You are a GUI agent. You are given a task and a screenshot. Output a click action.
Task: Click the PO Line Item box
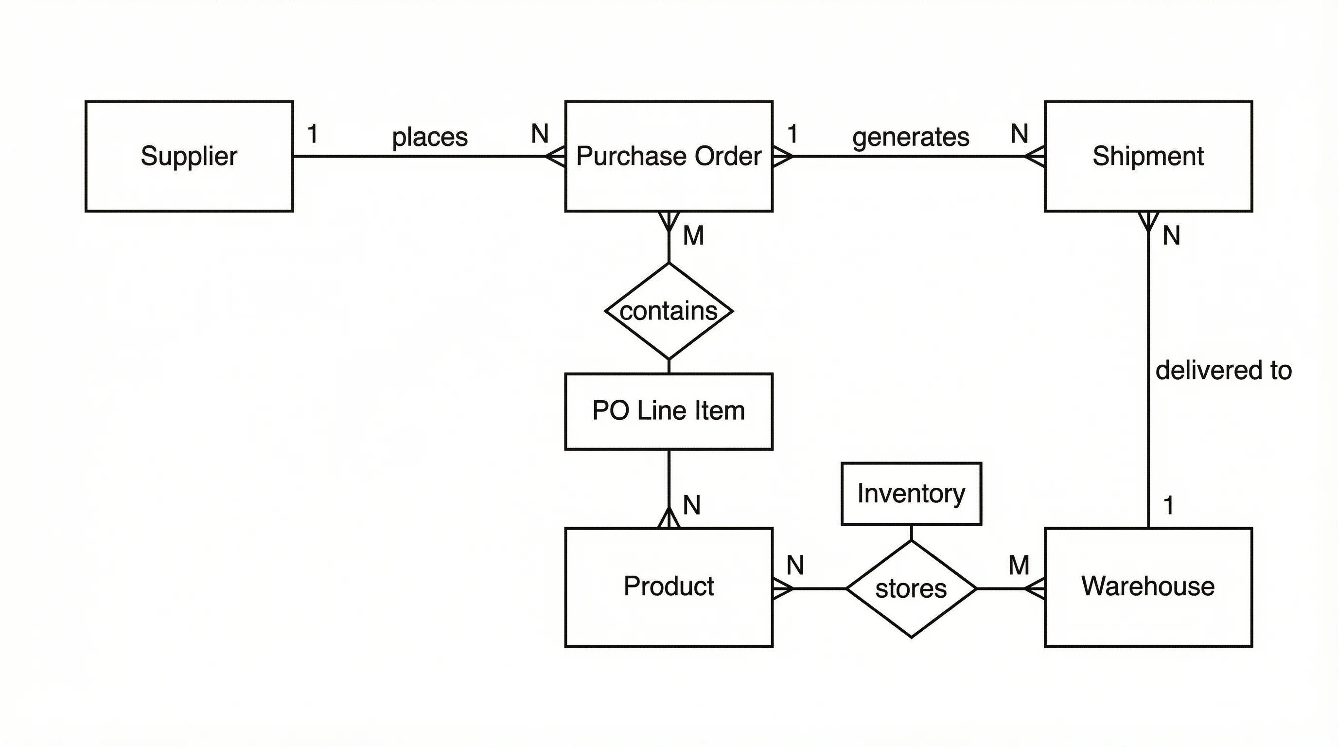click(x=669, y=411)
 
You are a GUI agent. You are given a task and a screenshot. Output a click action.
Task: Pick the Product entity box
click(x=669, y=587)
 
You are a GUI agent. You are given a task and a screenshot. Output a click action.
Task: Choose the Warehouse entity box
click(x=1148, y=587)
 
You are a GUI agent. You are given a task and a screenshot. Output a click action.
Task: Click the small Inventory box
click(x=911, y=494)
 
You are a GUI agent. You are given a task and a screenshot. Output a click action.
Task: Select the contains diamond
click(x=669, y=311)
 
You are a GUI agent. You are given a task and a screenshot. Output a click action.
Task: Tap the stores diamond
click(x=911, y=588)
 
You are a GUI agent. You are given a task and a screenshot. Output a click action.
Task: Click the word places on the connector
click(x=430, y=137)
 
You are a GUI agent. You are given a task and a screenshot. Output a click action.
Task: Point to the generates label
click(x=911, y=137)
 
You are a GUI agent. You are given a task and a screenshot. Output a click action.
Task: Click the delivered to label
click(x=1223, y=371)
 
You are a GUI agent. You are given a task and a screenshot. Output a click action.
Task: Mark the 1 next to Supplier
click(x=312, y=134)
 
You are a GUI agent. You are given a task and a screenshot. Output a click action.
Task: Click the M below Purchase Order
click(x=693, y=236)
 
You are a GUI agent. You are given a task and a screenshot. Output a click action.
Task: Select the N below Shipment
click(x=1171, y=236)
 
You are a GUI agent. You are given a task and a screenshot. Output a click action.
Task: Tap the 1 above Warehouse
click(x=1169, y=505)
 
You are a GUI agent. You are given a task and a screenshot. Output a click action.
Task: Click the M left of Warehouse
click(x=1019, y=565)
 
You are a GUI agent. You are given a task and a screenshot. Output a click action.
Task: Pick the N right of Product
click(x=795, y=565)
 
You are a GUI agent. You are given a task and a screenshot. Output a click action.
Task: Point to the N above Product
click(x=691, y=505)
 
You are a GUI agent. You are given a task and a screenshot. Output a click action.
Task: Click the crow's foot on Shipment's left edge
click(x=1035, y=156)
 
